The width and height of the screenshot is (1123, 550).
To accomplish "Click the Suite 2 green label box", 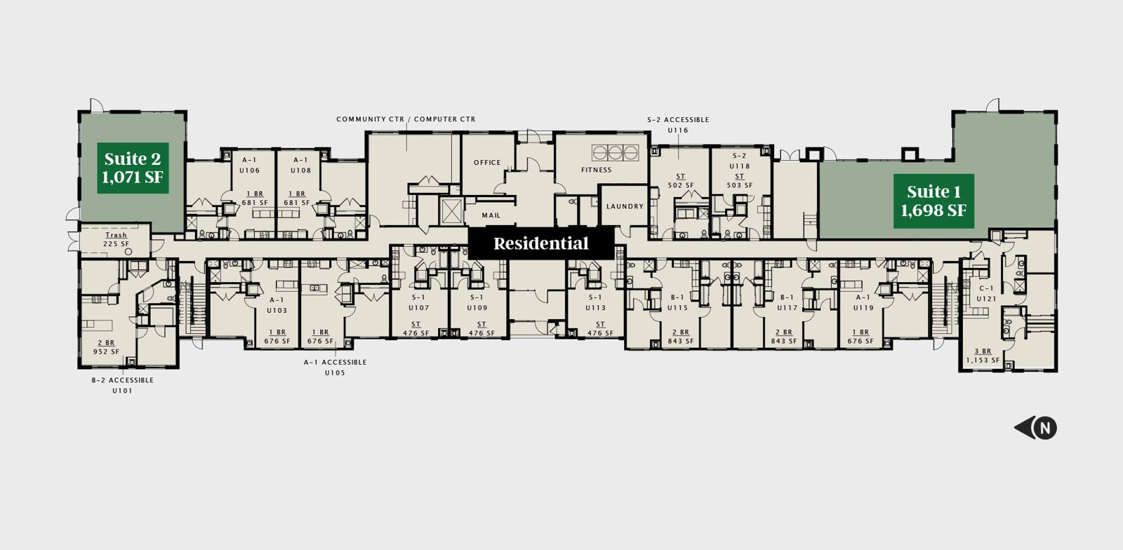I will click(133, 168).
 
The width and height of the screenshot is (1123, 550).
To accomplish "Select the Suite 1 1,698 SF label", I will click(933, 201).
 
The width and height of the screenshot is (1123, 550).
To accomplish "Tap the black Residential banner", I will click(540, 244).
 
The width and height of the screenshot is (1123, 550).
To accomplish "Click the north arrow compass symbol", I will click(1037, 427).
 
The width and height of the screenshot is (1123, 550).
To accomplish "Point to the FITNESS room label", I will click(596, 170).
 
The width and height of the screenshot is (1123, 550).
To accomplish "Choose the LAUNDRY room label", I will click(625, 206).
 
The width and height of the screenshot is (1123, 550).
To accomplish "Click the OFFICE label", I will click(487, 163).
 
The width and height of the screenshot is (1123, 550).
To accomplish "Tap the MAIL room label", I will click(491, 215).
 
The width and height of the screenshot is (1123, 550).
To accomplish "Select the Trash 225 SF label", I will click(116, 240).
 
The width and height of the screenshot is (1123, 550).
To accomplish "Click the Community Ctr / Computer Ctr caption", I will click(406, 119).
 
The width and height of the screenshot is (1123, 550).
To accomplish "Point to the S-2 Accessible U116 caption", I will click(678, 125).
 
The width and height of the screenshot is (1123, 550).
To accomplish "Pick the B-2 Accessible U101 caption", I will click(122, 385).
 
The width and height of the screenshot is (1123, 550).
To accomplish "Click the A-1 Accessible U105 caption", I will click(335, 368).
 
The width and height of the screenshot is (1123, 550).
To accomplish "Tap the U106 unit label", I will click(249, 170).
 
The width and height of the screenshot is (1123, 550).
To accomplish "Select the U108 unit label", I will click(300, 170).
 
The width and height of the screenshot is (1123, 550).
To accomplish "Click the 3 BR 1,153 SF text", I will click(983, 356).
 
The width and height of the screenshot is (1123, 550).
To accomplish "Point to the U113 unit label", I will click(595, 308).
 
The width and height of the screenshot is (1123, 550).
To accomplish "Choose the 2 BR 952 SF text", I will click(106, 347).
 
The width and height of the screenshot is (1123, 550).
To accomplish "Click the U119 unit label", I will click(863, 308).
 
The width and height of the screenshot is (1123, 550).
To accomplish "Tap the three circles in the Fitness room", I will click(616, 152).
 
